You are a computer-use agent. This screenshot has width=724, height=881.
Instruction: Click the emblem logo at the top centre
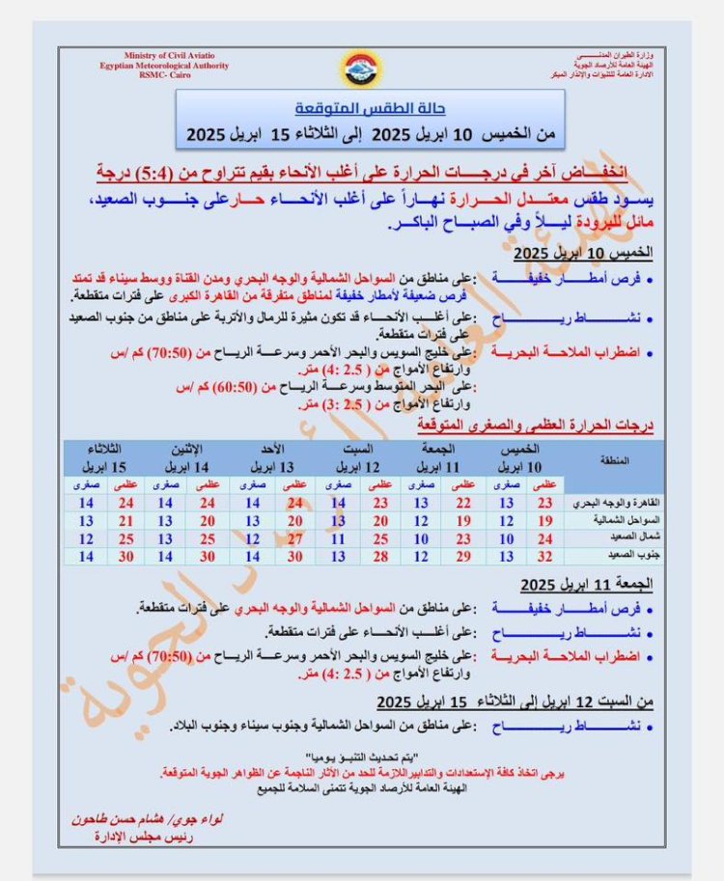tap(360, 69)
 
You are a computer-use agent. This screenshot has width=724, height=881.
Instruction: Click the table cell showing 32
tap(545, 557)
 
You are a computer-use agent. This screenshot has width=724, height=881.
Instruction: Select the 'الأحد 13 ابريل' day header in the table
tap(273, 457)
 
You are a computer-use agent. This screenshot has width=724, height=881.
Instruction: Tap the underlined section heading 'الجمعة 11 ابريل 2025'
tap(586, 586)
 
